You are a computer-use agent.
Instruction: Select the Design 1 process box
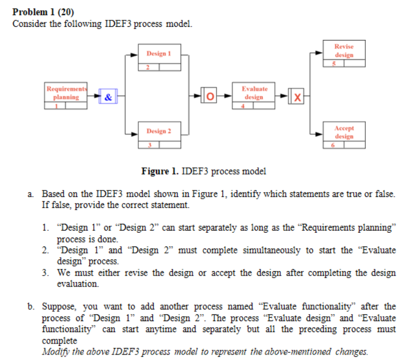point(159,58)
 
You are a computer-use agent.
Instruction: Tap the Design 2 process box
point(159,135)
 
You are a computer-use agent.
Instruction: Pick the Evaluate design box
point(254,96)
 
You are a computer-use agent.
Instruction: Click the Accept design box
point(344,135)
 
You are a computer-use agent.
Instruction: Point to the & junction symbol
point(108,98)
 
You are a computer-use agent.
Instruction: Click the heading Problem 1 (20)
point(43,12)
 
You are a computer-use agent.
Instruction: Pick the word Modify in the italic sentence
point(54,351)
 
